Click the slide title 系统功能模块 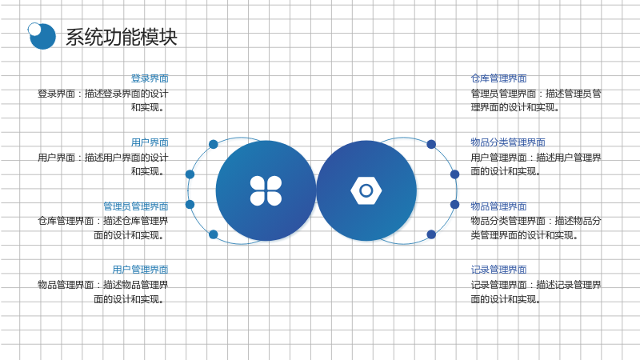(x=122, y=37)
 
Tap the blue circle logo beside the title (x=42, y=36)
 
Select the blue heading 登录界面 (x=150, y=78)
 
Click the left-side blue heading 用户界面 (x=150, y=142)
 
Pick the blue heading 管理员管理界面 (x=135, y=206)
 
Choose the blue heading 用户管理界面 (x=140, y=270)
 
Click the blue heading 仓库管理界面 (x=498, y=78)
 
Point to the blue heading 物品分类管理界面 (x=508, y=142)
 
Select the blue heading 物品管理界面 (x=498, y=206)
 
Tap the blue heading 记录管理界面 (x=498, y=270)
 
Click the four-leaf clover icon (x=266, y=190)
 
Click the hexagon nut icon (x=366, y=190)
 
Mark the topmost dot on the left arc (x=213, y=144)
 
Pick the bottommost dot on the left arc (x=213, y=234)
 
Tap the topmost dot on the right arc (x=431, y=144)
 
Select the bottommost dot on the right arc (x=431, y=234)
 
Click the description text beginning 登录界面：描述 (x=103, y=101)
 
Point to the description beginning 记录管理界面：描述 (x=536, y=292)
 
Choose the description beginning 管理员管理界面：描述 (x=536, y=101)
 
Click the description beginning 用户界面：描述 (x=103, y=164)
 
